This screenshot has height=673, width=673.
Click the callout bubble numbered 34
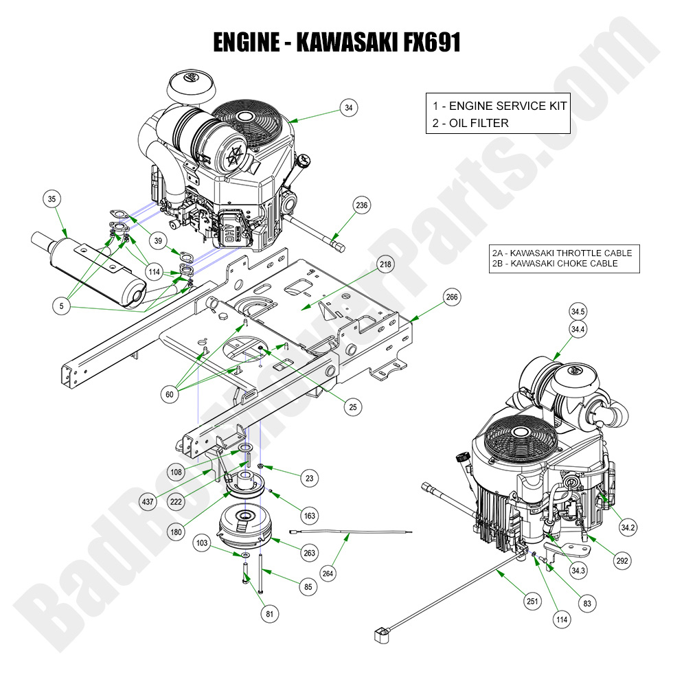click(349, 107)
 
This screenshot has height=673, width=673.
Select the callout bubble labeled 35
click(52, 200)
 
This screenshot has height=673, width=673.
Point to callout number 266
click(452, 297)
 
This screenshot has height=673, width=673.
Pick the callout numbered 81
click(269, 612)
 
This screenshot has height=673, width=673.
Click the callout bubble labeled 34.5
click(578, 311)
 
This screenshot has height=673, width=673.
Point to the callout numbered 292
click(622, 560)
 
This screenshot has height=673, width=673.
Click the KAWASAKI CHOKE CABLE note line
click(554, 263)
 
